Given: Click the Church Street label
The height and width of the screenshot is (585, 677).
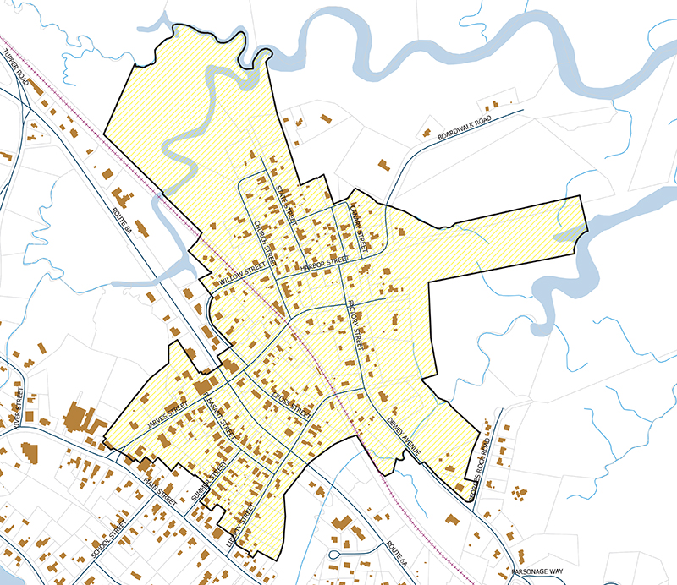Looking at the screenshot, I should [266, 240].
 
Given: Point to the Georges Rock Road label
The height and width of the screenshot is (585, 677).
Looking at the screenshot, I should [476, 468].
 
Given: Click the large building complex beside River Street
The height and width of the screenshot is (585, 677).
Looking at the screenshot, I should [80, 418].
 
